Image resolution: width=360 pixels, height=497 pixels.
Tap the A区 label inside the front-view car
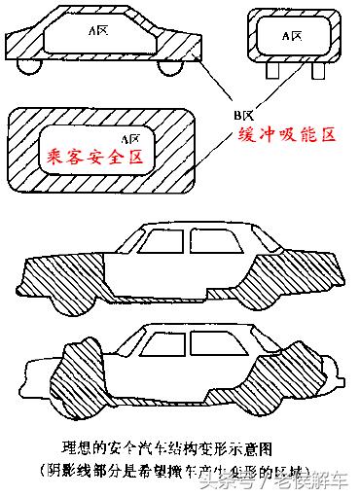[291, 35]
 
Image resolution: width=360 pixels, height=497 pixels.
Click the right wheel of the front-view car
[313, 70]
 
